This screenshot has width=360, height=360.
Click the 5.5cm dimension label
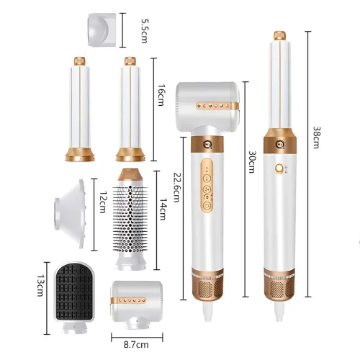pyautogui.click(x=145, y=31)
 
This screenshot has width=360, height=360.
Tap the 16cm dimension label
pyautogui.click(x=161, y=95)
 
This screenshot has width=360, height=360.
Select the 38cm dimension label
pyautogui.click(x=317, y=138)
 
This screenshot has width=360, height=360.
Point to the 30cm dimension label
pyautogui.click(x=251, y=162)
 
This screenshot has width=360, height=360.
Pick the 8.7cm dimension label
pyautogui.click(x=136, y=345)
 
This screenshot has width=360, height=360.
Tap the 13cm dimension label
pyautogui.click(x=40, y=285)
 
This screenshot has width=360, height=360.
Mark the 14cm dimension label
pyautogui.click(x=163, y=209)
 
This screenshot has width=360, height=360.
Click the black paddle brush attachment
pyautogui.click(x=74, y=297)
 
